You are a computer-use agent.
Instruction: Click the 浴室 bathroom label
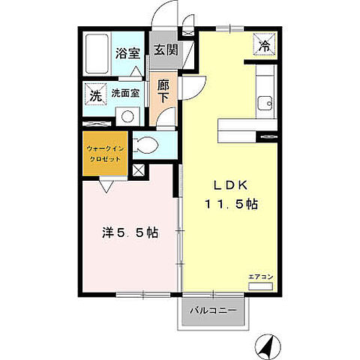click(x=127, y=53)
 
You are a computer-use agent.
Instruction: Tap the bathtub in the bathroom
click(x=97, y=54)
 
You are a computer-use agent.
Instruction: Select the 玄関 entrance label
click(x=166, y=50)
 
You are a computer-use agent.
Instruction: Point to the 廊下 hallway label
click(x=163, y=91)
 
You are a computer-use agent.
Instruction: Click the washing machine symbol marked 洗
click(x=96, y=94)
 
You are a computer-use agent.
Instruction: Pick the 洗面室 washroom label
click(x=125, y=93)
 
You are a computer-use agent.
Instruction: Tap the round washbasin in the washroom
click(x=127, y=116)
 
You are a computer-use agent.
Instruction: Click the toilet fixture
click(x=145, y=145)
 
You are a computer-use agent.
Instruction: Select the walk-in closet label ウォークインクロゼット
click(x=105, y=154)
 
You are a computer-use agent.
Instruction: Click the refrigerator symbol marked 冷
click(x=264, y=44)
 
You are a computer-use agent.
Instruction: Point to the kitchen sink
click(x=265, y=103)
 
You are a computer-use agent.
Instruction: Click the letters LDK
click(x=230, y=185)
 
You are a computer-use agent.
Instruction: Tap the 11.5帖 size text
click(x=232, y=204)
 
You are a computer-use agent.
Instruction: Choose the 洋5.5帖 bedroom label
click(x=130, y=233)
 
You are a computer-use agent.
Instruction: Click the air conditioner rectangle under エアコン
click(x=260, y=286)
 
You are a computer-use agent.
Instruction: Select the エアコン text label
click(x=260, y=277)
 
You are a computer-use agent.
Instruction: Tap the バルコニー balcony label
click(x=213, y=310)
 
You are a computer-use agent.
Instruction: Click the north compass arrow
click(x=268, y=347)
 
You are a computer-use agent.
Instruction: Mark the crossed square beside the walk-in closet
click(x=139, y=170)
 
